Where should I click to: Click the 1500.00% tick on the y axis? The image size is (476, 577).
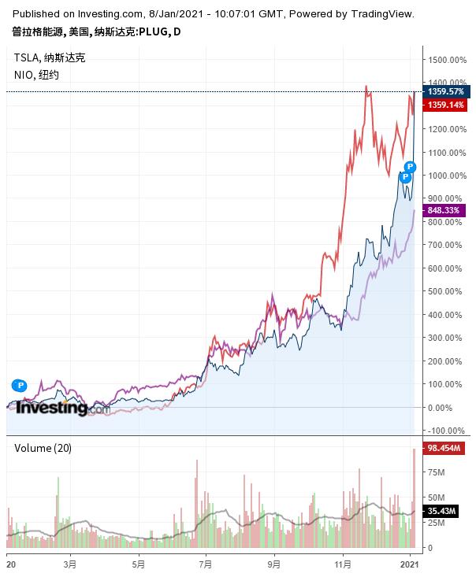click(x=445, y=59)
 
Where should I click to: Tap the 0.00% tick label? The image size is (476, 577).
click(x=440, y=408)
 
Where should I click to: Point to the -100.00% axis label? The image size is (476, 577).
click(x=445, y=431)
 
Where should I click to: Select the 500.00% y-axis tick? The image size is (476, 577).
click(x=444, y=291)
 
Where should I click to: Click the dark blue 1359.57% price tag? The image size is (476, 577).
click(x=446, y=92)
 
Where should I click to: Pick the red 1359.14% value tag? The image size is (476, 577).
click(x=446, y=105)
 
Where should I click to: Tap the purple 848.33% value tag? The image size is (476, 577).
click(x=444, y=210)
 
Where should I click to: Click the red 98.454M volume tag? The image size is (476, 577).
click(x=445, y=448)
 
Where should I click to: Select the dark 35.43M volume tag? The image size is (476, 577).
click(x=443, y=512)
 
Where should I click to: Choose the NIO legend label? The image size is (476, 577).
click(x=24, y=75)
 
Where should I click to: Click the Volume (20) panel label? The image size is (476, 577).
click(x=43, y=448)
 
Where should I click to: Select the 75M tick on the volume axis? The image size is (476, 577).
click(x=435, y=473)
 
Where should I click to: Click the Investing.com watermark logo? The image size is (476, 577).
click(x=63, y=408)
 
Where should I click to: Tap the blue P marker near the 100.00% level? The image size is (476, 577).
click(x=20, y=386)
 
